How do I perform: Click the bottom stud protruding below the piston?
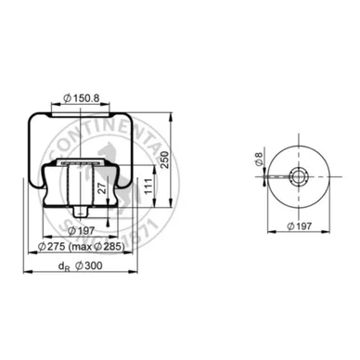pos(109,221)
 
